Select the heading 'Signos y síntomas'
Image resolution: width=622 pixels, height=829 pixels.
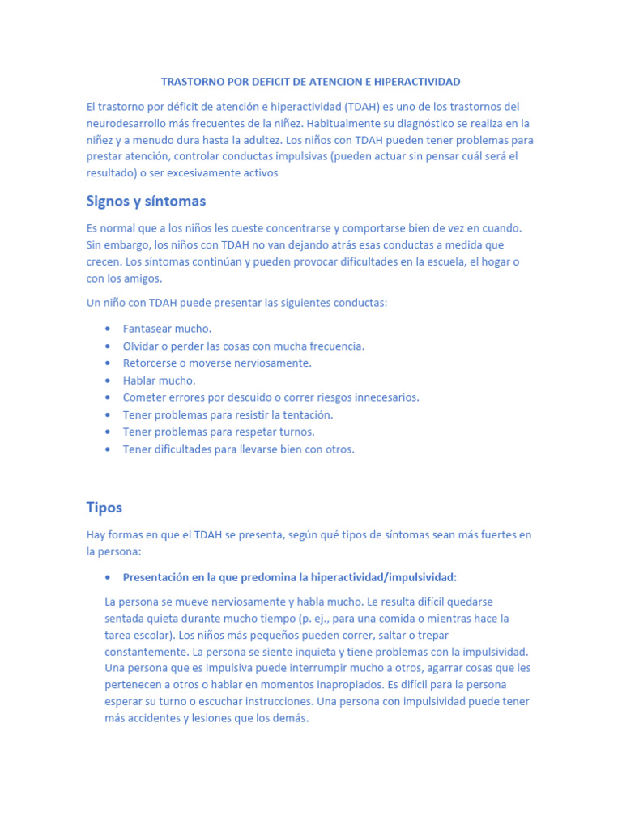[x=146, y=201]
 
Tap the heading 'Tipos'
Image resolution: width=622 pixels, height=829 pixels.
[x=104, y=508]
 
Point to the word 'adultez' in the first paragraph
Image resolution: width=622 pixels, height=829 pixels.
[x=279, y=140]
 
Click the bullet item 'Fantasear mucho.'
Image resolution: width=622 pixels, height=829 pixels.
[x=167, y=329]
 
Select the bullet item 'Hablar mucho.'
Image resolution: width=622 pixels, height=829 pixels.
[x=159, y=380]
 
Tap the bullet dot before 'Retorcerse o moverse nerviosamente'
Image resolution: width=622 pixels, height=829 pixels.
[x=109, y=363]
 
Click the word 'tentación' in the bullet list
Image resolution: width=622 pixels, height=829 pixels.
[x=309, y=414]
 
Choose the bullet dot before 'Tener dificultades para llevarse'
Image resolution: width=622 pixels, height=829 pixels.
[x=109, y=449]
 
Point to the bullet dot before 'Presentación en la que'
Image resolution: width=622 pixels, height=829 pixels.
[x=109, y=577]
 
